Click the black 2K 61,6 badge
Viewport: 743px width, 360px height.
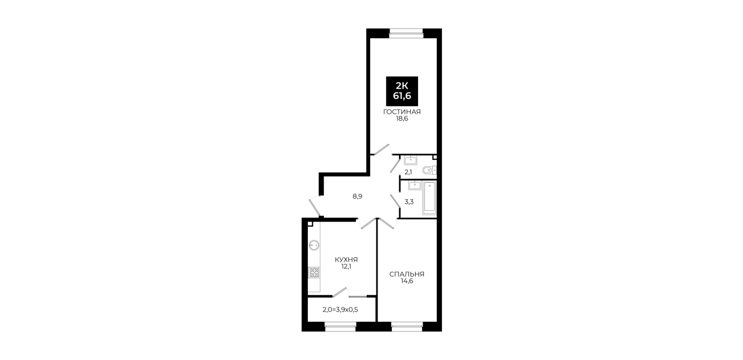click(x=401, y=91)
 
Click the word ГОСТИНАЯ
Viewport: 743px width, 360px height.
click(x=401, y=112)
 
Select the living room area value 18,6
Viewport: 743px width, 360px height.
click(x=401, y=118)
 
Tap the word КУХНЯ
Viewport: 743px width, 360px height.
click(x=346, y=259)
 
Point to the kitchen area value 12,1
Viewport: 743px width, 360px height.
click(x=346, y=266)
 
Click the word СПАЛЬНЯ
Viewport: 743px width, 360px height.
click(x=407, y=274)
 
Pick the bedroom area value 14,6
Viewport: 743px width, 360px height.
click(x=407, y=281)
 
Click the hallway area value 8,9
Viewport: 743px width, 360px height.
click(x=358, y=197)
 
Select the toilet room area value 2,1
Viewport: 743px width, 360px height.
click(x=408, y=172)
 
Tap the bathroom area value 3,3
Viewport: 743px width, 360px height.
click(x=409, y=202)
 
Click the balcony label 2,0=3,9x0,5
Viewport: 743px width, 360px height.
click(x=340, y=310)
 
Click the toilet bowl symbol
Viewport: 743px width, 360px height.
click(x=429, y=170)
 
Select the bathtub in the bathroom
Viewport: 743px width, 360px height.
click(x=429, y=198)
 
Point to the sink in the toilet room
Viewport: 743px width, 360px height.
click(x=411, y=160)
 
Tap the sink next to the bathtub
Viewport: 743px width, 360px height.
click(x=415, y=186)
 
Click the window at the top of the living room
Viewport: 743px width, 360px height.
click(x=406, y=32)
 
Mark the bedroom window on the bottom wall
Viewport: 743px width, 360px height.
click(x=407, y=327)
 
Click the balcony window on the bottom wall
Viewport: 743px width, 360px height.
click(x=340, y=327)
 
